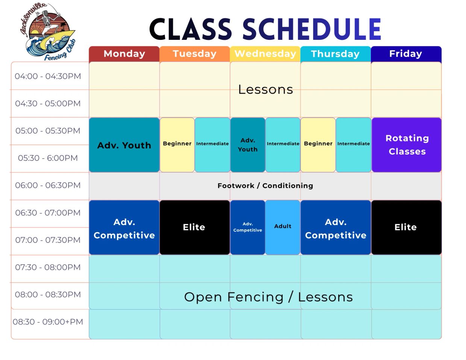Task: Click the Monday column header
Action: click(x=124, y=54)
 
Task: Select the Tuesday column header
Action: click(x=195, y=54)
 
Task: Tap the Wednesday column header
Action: click(x=265, y=54)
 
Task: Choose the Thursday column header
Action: click(x=335, y=54)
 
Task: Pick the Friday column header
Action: click(x=406, y=54)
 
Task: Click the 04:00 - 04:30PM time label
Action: click(x=48, y=76)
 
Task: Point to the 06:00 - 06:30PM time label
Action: click(x=48, y=185)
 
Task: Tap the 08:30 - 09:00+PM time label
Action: click(x=48, y=322)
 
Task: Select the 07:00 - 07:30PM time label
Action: click(x=48, y=240)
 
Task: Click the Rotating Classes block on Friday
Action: click(x=406, y=145)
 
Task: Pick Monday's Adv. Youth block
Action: click(x=124, y=145)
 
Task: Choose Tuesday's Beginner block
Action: click(x=177, y=145)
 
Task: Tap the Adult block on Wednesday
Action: click(x=283, y=227)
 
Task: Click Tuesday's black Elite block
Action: click(x=195, y=227)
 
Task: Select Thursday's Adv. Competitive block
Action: click(x=336, y=227)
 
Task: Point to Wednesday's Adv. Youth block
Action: click(x=248, y=145)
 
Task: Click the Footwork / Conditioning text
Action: click(x=265, y=186)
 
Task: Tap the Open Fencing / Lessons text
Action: click(x=268, y=297)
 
